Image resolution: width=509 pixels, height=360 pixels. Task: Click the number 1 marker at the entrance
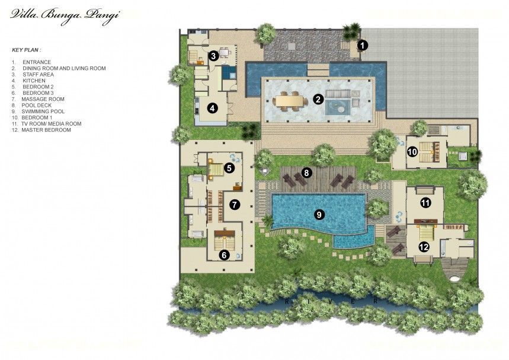point(363,46)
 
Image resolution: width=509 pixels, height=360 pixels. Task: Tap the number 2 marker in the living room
point(318,99)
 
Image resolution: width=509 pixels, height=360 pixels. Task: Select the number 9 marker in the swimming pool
point(319,215)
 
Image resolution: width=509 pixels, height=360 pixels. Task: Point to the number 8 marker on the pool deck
point(306,173)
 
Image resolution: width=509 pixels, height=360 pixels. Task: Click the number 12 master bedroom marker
point(424,247)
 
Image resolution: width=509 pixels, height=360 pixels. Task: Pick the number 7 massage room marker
point(235,205)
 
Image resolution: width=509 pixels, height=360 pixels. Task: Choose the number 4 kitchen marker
point(212,108)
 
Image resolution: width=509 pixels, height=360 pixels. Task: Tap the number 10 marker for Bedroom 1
point(412,152)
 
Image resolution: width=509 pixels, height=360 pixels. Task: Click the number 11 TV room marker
point(425,203)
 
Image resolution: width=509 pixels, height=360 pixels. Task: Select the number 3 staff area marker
point(213,56)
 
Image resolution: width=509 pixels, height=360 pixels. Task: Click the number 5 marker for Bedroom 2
point(229,168)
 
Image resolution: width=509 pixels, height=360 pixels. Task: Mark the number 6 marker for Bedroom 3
point(224,255)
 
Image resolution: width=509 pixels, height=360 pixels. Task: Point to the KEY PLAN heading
point(27,50)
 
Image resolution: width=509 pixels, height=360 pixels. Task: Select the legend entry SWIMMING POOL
point(43,111)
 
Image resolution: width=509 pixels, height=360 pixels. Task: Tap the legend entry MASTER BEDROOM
point(46,130)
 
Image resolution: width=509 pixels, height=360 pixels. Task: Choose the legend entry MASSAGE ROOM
point(43,99)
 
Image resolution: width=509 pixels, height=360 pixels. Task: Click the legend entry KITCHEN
point(34,81)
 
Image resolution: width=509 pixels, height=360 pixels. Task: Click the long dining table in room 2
point(290,101)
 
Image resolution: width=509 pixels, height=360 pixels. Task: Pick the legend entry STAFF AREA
point(39,74)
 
